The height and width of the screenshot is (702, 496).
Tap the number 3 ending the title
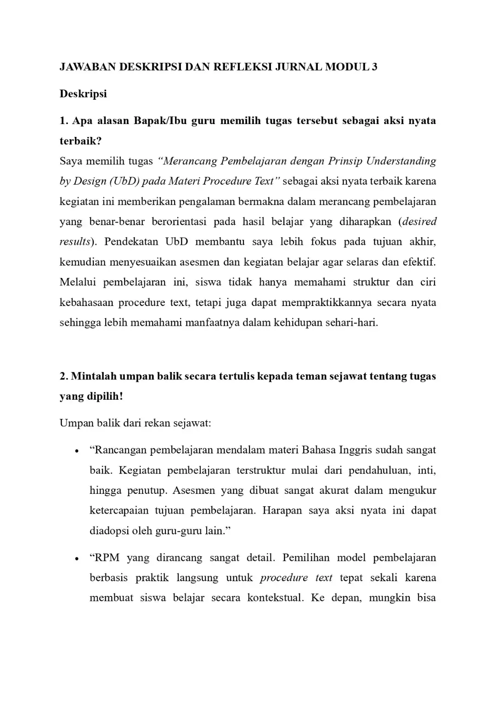point(374,67)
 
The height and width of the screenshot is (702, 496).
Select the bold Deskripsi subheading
point(83,94)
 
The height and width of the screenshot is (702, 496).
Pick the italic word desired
point(419,221)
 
